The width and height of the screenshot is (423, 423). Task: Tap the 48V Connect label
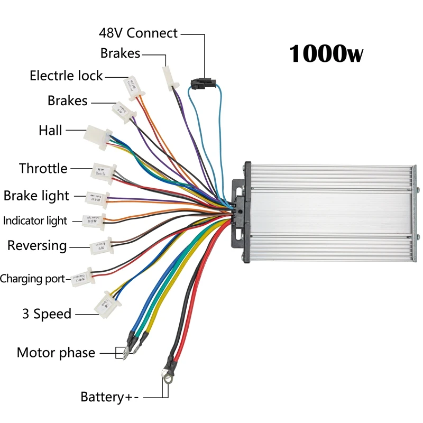pyautogui.click(x=138, y=33)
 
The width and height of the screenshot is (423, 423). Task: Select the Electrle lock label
pyautogui.click(x=66, y=76)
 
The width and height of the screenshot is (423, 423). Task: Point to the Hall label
pyautogui.click(x=50, y=130)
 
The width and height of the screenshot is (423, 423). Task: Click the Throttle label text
pyautogui.click(x=43, y=169)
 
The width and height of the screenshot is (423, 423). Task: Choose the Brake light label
pyautogui.click(x=36, y=196)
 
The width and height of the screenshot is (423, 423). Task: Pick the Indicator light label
pyautogui.click(x=35, y=220)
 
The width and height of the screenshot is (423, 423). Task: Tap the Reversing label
pyautogui.click(x=37, y=246)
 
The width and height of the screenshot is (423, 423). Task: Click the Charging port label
pyautogui.click(x=32, y=279)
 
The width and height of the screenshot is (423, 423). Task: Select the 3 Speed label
pyautogui.click(x=47, y=314)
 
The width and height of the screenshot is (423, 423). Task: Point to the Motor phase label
pyautogui.click(x=56, y=353)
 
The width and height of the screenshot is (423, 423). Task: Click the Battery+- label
pyautogui.click(x=109, y=397)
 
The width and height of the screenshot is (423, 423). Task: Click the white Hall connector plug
pyautogui.click(x=97, y=134)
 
